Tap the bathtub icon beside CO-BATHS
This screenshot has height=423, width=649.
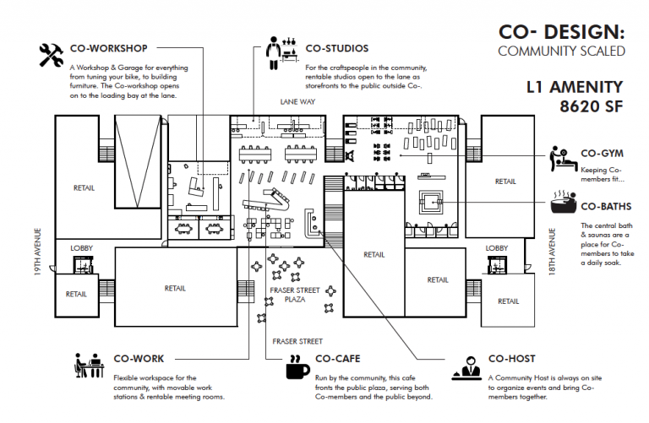pos(562,205)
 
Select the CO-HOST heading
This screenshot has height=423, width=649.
pos(511,359)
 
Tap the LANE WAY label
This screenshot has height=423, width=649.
pos(297,100)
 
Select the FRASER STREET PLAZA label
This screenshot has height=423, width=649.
pos(295,295)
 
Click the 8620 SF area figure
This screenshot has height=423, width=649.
pos(589,106)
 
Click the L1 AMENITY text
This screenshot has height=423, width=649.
pos(574,87)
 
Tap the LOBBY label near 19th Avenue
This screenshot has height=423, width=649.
pos(82,248)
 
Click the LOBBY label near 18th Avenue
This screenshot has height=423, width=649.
pos(497,247)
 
